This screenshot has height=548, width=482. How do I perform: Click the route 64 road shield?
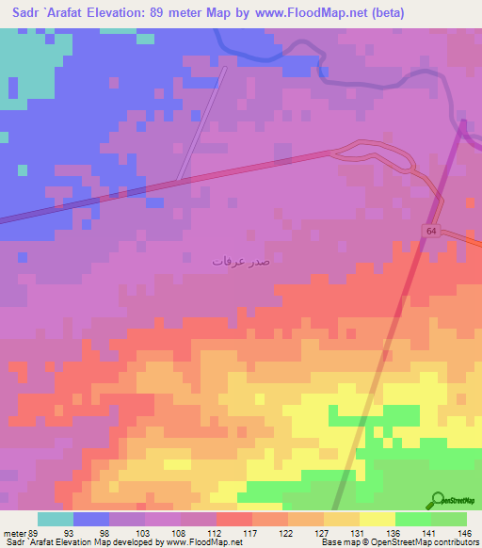pos(430,231)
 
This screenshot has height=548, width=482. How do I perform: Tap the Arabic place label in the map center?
pos(240,261)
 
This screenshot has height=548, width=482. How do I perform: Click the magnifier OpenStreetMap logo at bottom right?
pos(439,500)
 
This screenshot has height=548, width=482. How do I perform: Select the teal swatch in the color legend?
pos(56,519)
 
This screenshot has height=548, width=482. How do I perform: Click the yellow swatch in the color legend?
pos(378,519)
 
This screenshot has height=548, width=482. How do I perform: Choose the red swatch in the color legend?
pos(234,519)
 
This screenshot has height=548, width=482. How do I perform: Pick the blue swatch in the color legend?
pos(91,519)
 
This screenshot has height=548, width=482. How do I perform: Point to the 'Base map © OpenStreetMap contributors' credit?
pos(399,542)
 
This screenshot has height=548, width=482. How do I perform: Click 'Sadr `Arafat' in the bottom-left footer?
pos(30,542)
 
